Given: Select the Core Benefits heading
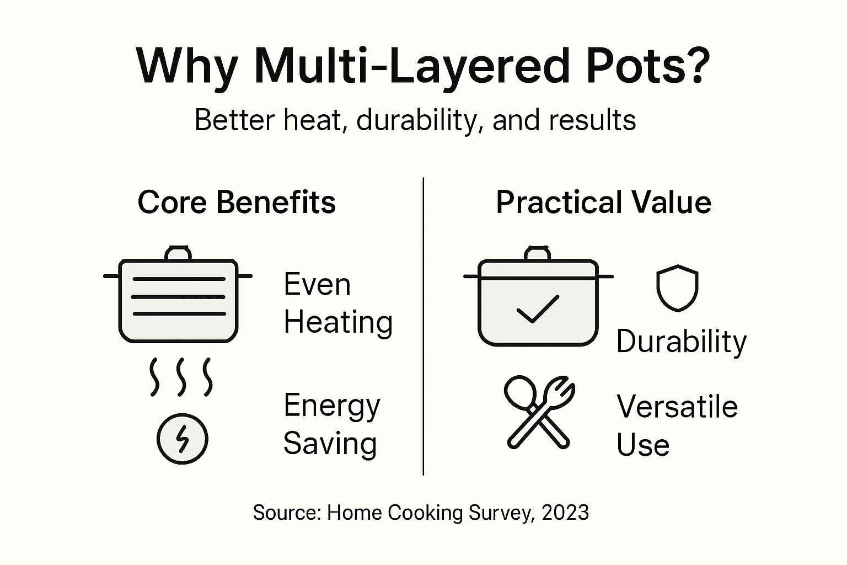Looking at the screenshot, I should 237,202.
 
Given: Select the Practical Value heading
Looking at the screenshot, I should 603,202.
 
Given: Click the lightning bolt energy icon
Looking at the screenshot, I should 183,439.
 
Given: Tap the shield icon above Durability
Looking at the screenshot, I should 677,288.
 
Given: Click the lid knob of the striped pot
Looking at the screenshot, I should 178,254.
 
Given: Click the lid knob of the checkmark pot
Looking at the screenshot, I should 538,253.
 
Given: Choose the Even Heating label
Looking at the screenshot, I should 337,303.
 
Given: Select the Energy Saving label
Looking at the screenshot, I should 331,424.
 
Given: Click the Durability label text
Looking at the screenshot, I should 681,342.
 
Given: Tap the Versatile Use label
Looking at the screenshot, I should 677,425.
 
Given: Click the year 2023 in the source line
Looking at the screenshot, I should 565,513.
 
